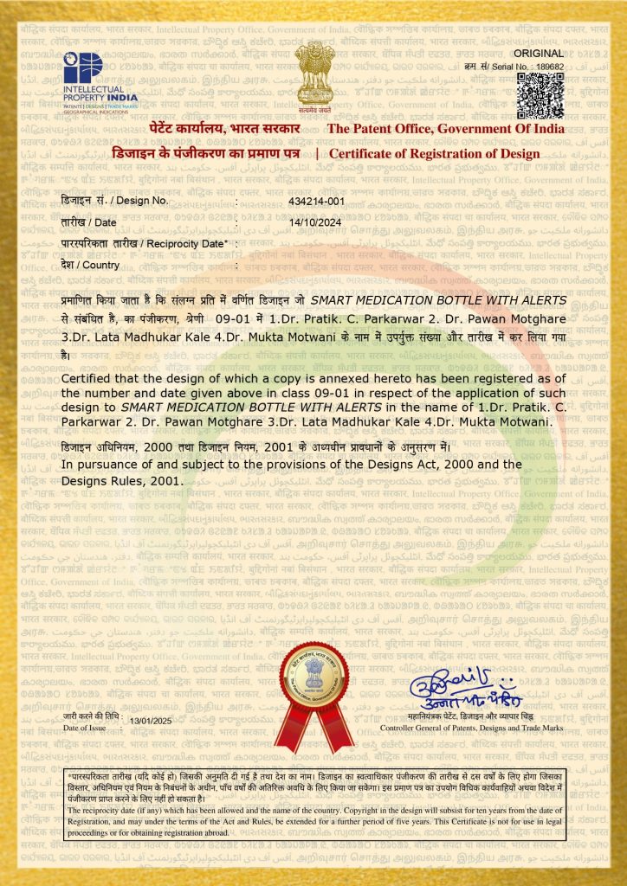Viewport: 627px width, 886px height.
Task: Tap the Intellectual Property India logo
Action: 100,77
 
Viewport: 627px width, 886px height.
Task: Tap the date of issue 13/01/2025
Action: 152,721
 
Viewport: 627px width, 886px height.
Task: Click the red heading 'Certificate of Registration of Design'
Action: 434,153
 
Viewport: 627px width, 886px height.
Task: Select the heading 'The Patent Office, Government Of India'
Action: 444,129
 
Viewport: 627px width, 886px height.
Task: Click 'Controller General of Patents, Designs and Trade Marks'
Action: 472,729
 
